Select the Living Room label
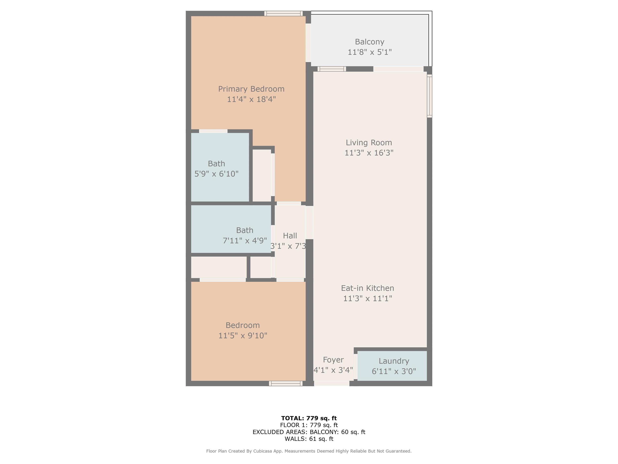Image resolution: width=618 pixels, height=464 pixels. pyautogui.click(x=369, y=143)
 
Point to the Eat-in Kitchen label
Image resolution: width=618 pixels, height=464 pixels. pyautogui.click(x=367, y=288)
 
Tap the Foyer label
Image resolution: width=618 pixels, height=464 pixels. pyautogui.click(x=333, y=360)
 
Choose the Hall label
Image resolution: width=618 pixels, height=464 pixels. pyautogui.click(x=290, y=236)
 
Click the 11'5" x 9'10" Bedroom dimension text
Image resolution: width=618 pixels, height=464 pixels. pyautogui.click(x=242, y=336)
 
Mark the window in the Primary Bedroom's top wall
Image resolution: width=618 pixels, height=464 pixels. pyautogui.click(x=283, y=13)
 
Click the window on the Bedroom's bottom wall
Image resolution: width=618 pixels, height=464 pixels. pyautogui.click(x=285, y=384)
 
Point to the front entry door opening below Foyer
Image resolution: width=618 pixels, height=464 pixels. pyautogui.click(x=332, y=384)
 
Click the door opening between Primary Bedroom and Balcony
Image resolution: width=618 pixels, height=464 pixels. pyautogui.click(x=308, y=43)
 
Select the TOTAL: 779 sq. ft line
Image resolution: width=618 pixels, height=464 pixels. pyautogui.click(x=309, y=418)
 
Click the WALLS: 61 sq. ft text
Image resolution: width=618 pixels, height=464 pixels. pyautogui.click(x=309, y=439)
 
